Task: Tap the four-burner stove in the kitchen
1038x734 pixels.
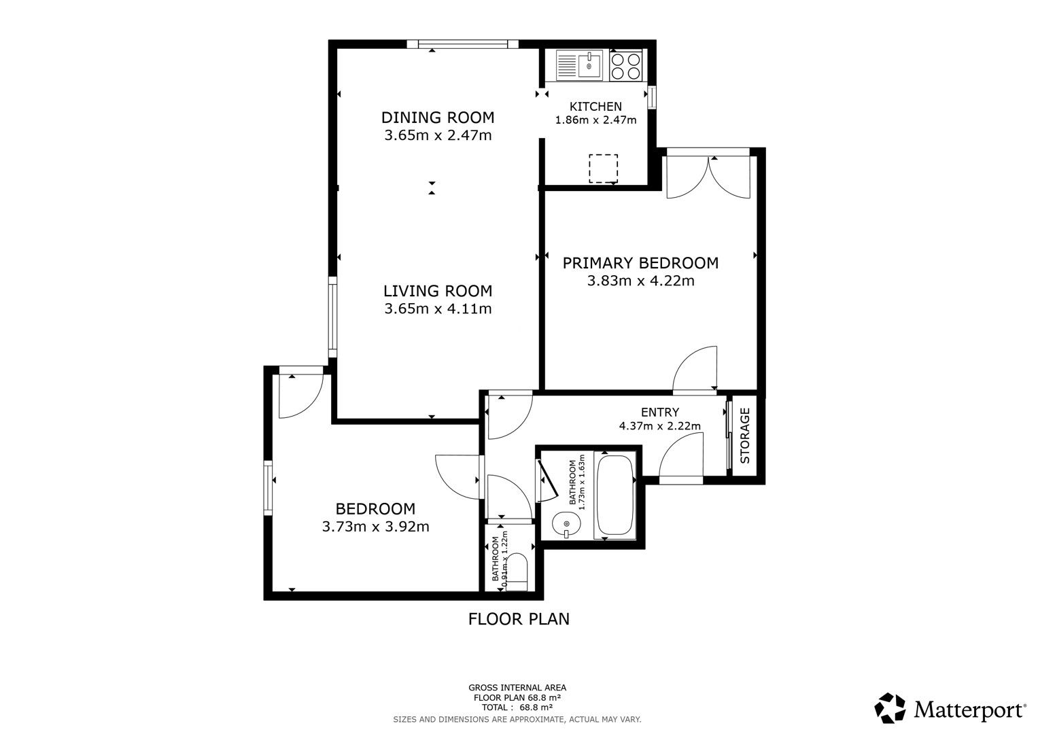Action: click(x=626, y=65)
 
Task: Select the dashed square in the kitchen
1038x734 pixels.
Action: click(x=603, y=169)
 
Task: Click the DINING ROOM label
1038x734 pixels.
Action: click(x=437, y=117)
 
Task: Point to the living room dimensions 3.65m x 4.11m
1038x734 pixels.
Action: click(x=438, y=309)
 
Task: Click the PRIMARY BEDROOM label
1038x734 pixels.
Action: click(x=640, y=262)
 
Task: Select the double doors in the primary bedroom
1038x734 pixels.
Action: click(x=708, y=177)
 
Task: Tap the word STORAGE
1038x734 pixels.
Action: click(x=745, y=435)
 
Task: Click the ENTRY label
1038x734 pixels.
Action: click(x=659, y=412)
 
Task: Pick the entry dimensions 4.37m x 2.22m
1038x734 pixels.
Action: click(x=659, y=426)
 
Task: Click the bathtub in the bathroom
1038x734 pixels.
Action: click(x=615, y=495)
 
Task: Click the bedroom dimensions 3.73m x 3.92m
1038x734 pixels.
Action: click(x=375, y=526)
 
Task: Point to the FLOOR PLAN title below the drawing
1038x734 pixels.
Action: click(x=519, y=619)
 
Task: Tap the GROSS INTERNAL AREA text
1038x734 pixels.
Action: click(x=517, y=688)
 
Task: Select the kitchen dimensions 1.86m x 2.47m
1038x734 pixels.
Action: click(x=595, y=120)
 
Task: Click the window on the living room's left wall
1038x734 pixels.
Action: click(x=332, y=317)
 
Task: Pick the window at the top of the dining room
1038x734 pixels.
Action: click(x=462, y=45)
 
